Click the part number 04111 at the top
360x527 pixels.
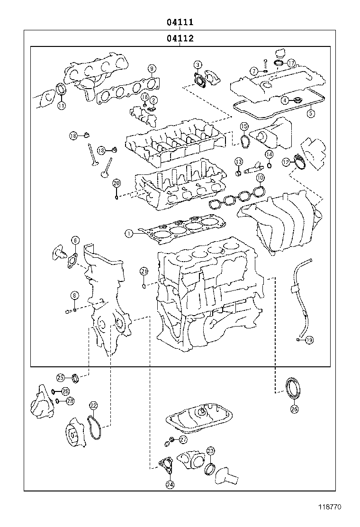point(180,22)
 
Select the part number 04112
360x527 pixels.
point(180,38)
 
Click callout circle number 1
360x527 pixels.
point(128,233)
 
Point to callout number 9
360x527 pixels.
point(152,68)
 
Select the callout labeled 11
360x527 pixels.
point(61,106)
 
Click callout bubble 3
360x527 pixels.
point(198,65)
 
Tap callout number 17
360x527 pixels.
point(291,63)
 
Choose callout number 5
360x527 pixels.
point(310,113)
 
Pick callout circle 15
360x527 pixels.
point(243,126)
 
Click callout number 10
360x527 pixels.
point(260,178)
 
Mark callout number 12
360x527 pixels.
point(286,162)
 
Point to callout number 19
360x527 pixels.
point(309,339)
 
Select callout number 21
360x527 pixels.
point(144,271)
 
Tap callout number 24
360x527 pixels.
point(170,484)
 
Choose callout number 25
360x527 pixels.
point(61,378)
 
